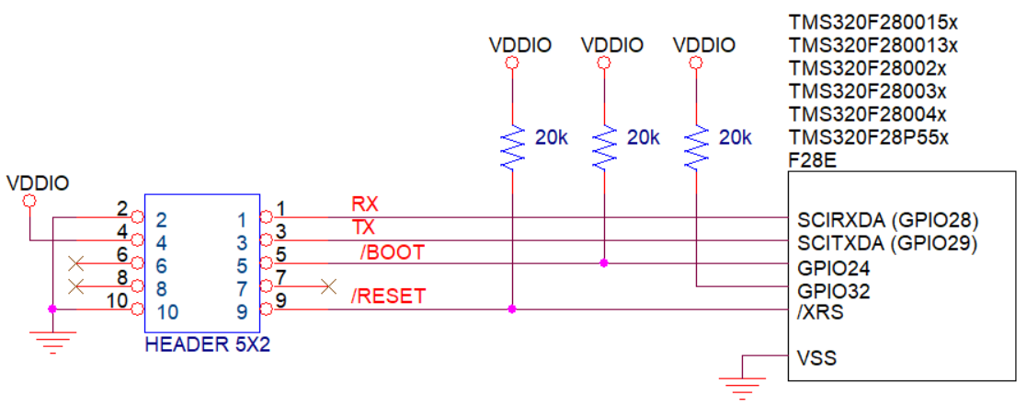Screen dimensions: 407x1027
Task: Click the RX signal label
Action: click(x=362, y=203)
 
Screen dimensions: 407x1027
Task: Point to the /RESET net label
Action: click(x=389, y=297)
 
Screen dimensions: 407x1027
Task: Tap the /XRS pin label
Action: click(x=815, y=313)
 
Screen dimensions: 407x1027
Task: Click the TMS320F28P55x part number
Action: click(x=868, y=138)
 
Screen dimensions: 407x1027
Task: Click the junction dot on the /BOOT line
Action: click(x=603, y=263)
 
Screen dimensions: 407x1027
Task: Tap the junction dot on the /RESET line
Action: click(x=512, y=309)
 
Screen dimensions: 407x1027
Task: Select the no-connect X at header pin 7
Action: click(x=328, y=286)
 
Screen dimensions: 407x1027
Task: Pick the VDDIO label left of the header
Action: click(x=37, y=182)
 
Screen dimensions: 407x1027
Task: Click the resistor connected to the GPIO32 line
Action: click(x=696, y=146)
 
